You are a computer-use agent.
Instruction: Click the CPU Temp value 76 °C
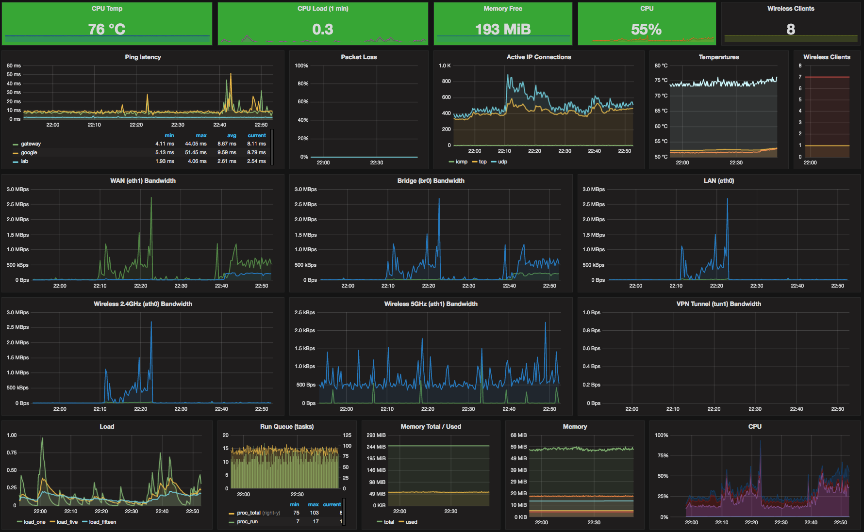tap(107, 30)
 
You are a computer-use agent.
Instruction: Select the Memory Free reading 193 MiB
tap(503, 30)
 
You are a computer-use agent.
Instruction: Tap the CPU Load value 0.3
tap(323, 30)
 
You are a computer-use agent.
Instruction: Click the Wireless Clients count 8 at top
tap(791, 30)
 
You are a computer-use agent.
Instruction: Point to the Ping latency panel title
tap(143, 57)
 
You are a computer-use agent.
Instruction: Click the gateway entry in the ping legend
tap(31, 144)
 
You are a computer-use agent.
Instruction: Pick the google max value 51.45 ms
tap(196, 153)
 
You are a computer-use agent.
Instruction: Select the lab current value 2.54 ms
tap(256, 161)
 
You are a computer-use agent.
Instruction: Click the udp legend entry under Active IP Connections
tap(502, 162)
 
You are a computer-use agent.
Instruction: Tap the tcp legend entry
tap(482, 162)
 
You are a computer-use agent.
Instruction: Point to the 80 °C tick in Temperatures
tap(661, 66)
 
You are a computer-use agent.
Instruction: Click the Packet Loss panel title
tap(359, 57)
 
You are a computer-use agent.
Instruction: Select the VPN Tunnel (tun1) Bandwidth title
tap(718, 304)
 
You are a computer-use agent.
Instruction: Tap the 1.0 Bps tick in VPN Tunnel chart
tap(591, 313)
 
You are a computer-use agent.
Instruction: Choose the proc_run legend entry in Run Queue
tap(247, 522)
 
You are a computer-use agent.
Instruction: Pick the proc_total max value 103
tap(314, 513)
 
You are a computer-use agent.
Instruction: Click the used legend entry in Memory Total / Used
tap(411, 522)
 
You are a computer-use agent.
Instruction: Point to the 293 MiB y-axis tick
tap(376, 435)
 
